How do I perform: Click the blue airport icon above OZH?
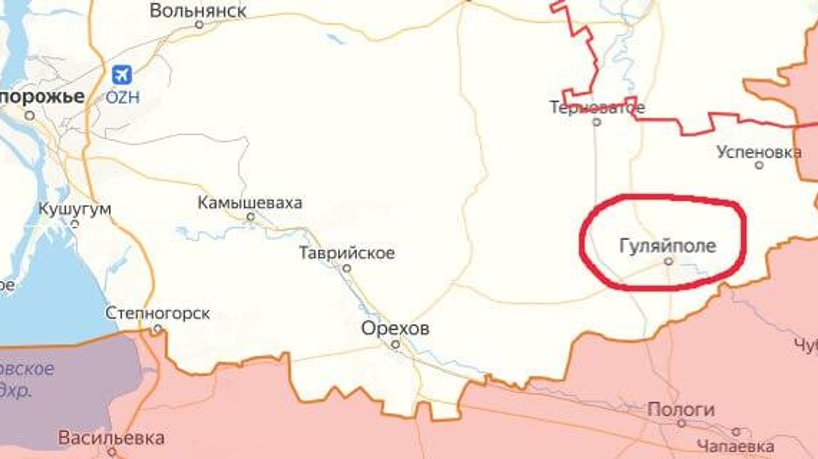pos(122,75)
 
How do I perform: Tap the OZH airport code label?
pos(123,98)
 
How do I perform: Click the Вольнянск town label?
pos(198,11)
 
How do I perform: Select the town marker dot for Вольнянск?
pos(199,25)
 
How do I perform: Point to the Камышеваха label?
pos(250,203)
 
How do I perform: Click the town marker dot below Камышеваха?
pos(251,217)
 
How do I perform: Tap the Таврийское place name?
pos(347,253)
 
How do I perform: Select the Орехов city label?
pos(395,328)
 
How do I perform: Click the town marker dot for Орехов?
pos(395,344)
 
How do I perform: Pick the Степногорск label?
pos(158,314)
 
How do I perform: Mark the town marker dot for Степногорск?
pos(158,328)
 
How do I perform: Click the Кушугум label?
pos(75,209)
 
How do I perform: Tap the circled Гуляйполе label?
pos(668,246)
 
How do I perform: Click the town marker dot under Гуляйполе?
pos(669,261)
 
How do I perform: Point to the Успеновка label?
pos(759,152)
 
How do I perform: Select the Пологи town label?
pos(681,410)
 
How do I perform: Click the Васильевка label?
pos(112,438)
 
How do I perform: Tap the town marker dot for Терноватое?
pos(597,122)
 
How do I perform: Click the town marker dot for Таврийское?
pos(347,268)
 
